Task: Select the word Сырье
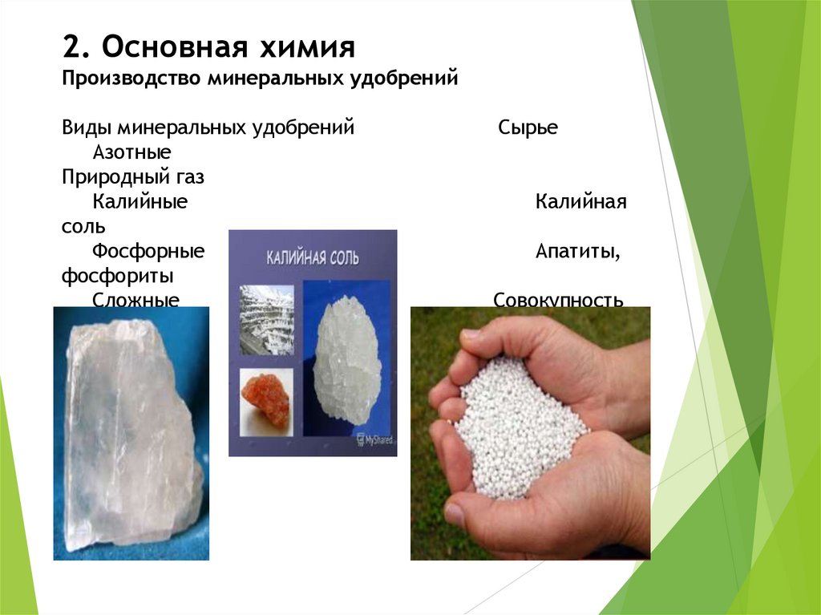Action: pos(527,128)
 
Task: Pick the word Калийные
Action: pos(140,202)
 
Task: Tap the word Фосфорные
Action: pos(148,252)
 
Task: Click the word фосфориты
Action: pos(118,277)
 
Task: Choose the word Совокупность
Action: pos(558,301)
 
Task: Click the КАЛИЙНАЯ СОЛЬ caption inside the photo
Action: pos(313,258)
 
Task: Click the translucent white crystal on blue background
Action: pos(128,433)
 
